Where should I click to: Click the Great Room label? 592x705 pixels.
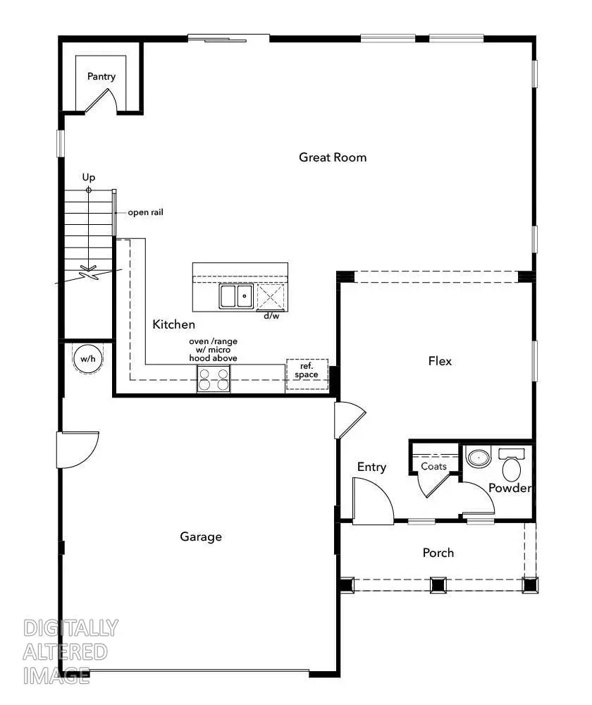pyautogui.click(x=333, y=157)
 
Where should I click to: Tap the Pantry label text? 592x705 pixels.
pyautogui.click(x=101, y=77)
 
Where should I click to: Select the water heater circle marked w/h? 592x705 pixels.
pyautogui.click(x=87, y=360)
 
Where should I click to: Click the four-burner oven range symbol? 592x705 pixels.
pyautogui.click(x=214, y=379)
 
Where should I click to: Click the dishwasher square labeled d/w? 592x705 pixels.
pyautogui.click(x=271, y=298)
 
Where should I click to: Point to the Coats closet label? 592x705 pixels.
pyautogui.click(x=433, y=467)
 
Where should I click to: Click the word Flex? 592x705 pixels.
pyautogui.click(x=440, y=361)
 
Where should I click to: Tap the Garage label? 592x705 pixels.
pyautogui.click(x=201, y=537)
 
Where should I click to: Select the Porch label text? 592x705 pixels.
pyautogui.click(x=438, y=553)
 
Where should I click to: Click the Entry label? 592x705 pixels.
pyautogui.click(x=371, y=467)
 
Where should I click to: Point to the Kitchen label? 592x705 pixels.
pyautogui.click(x=173, y=324)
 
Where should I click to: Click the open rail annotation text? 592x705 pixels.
pyautogui.click(x=145, y=212)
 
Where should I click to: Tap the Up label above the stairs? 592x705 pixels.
pyautogui.click(x=88, y=178)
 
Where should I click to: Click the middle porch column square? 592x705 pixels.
pyautogui.click(x=438, y=584)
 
